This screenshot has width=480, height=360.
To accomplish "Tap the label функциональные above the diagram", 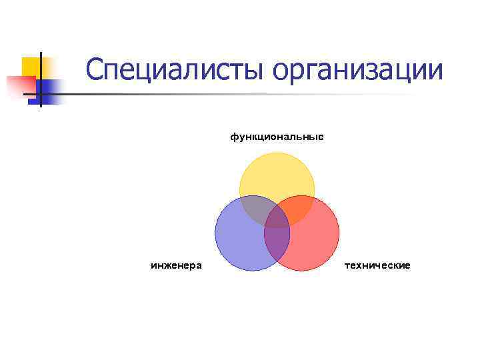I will click(x=277, y=137).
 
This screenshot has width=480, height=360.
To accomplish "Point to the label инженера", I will click(x=177, y=265).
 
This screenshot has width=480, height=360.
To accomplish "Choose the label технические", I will click(x=377, y=265).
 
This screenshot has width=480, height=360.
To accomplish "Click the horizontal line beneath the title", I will click(x=233, y=94).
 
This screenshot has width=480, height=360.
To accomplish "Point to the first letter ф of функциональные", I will click(x=234, y=137).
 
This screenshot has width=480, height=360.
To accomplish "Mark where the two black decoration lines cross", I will click(x=40, y=94).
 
